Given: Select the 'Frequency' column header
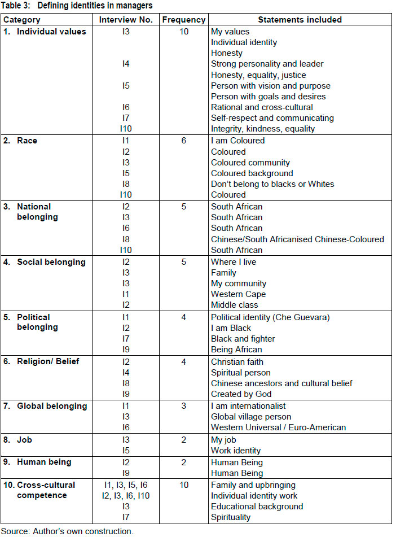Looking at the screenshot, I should [x=183, y=20].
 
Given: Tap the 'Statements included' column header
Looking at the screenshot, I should [x=300, y=20].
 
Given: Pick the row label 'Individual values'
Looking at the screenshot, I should [x=51, y=32].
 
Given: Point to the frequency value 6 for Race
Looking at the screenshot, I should [x=183, y=141].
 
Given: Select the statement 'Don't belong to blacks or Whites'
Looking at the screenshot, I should [x=272, y=184].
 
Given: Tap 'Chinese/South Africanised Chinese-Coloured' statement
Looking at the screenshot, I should [x=297, y=239].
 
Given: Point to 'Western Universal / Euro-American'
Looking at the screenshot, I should [x=279, y=427].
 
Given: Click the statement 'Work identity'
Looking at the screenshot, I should [x=236, y=451].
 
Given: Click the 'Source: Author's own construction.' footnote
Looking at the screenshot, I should [x=67, y=531].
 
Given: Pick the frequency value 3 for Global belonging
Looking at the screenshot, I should [x=183, y=406].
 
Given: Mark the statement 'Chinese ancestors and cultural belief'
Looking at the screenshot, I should [x=281, y=383].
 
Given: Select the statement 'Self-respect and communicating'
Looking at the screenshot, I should [x=272, y=118].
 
